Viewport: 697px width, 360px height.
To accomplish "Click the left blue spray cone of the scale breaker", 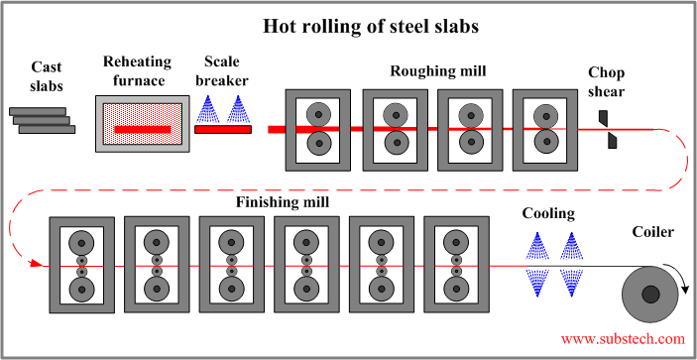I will point(210,109).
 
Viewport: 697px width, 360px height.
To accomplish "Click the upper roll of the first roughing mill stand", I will point(318,114).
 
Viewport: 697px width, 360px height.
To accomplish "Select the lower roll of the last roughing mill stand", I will point(544,144).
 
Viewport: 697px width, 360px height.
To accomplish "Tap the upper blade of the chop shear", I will point(603,118).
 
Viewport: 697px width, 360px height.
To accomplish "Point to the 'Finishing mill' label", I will point(283,202).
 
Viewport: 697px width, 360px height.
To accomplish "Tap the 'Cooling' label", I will point(548,213).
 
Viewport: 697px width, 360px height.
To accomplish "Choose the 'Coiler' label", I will point(652,232).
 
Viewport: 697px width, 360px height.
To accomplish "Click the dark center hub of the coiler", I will point(650,294).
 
